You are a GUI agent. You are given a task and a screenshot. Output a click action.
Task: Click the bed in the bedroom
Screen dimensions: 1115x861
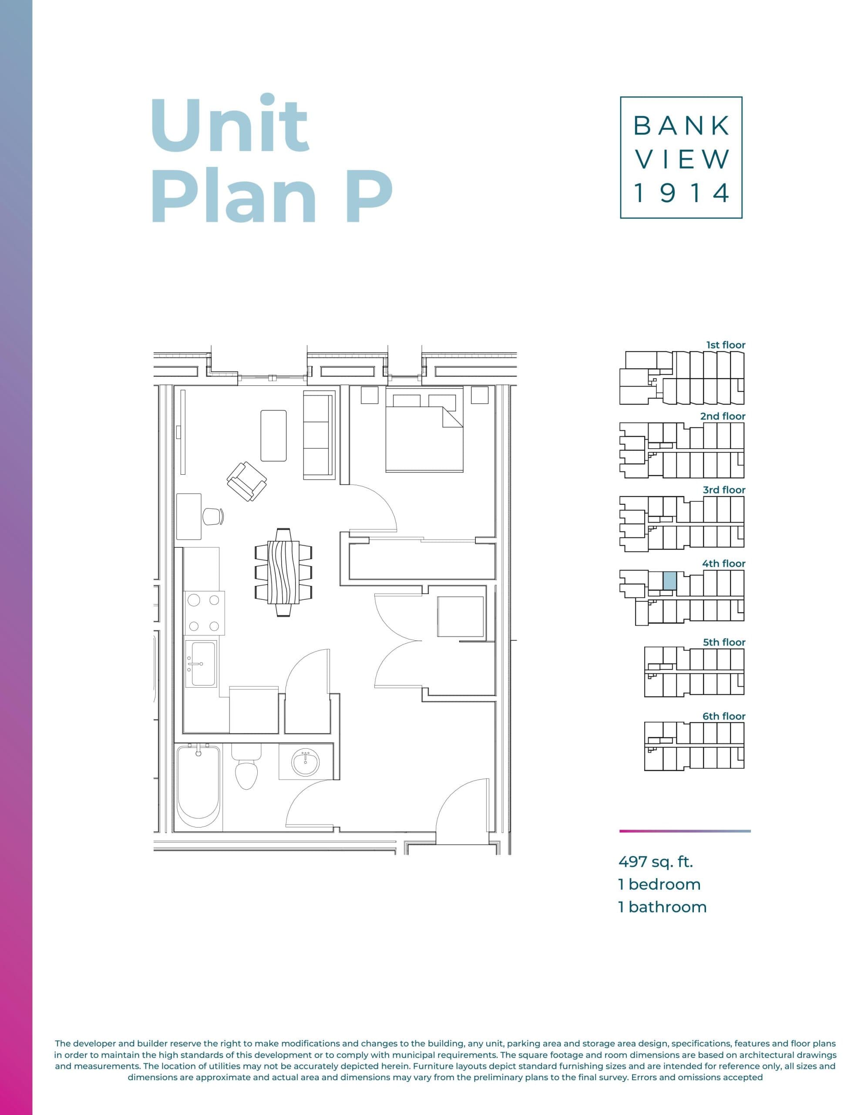point(424,436)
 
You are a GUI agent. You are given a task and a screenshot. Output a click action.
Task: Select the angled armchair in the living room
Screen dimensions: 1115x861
point(247,481)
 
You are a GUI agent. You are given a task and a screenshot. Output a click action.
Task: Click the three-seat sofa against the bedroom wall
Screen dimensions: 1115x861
point(319,435)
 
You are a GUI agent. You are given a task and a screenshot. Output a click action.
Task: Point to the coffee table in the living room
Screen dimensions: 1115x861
point(273,436)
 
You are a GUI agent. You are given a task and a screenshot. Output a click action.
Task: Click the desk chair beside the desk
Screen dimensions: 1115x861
point(213,516)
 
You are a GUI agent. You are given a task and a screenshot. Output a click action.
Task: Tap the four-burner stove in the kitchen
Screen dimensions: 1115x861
point(204,613)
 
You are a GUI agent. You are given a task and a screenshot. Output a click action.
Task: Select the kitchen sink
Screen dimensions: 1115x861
point(202,663)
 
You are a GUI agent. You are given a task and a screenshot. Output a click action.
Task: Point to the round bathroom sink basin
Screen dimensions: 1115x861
point(305,763)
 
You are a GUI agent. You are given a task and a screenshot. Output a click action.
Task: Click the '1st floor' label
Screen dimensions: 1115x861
point(725,345)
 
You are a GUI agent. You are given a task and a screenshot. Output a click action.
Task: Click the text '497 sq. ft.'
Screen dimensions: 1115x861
point(655,862)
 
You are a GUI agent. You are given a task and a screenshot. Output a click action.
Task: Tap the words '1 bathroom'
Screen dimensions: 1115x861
point(663,907)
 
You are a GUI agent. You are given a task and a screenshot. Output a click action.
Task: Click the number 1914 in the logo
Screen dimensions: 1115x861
point(681,193)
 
